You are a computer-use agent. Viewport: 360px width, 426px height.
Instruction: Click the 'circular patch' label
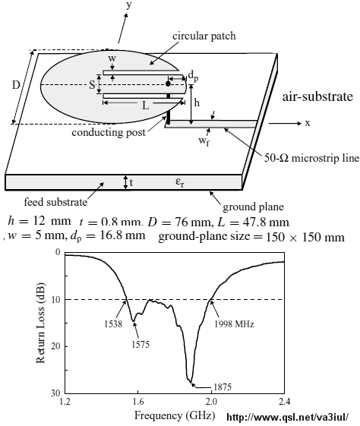204,36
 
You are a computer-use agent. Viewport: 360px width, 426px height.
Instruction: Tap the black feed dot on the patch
168,84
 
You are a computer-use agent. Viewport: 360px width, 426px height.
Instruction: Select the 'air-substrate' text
317,96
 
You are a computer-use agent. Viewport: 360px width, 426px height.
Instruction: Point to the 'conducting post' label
109,133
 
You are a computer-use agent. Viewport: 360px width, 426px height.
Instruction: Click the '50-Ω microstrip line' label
312,158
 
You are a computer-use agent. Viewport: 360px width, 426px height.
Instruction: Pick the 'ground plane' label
253,207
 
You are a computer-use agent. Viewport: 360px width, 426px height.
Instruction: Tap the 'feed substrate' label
55,202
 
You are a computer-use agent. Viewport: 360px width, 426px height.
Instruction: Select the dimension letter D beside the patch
16,85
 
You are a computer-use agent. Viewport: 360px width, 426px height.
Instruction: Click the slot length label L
146,106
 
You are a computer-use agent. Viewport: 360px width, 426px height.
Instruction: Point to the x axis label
308,123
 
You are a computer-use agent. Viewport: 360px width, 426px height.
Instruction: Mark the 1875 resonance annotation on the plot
223,387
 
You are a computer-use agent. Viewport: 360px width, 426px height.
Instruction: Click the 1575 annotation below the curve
141,345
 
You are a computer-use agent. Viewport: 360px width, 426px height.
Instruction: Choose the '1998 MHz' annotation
234,323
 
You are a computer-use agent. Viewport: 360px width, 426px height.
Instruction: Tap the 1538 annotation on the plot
113,323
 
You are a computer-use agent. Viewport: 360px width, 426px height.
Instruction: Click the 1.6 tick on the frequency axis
138,401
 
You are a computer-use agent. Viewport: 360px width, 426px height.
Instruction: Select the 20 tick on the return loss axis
55,346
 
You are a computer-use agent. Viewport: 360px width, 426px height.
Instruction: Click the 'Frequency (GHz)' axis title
175,415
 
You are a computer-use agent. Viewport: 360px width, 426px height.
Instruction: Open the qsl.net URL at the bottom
287,417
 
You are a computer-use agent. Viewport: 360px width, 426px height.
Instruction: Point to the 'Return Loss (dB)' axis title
40,323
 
